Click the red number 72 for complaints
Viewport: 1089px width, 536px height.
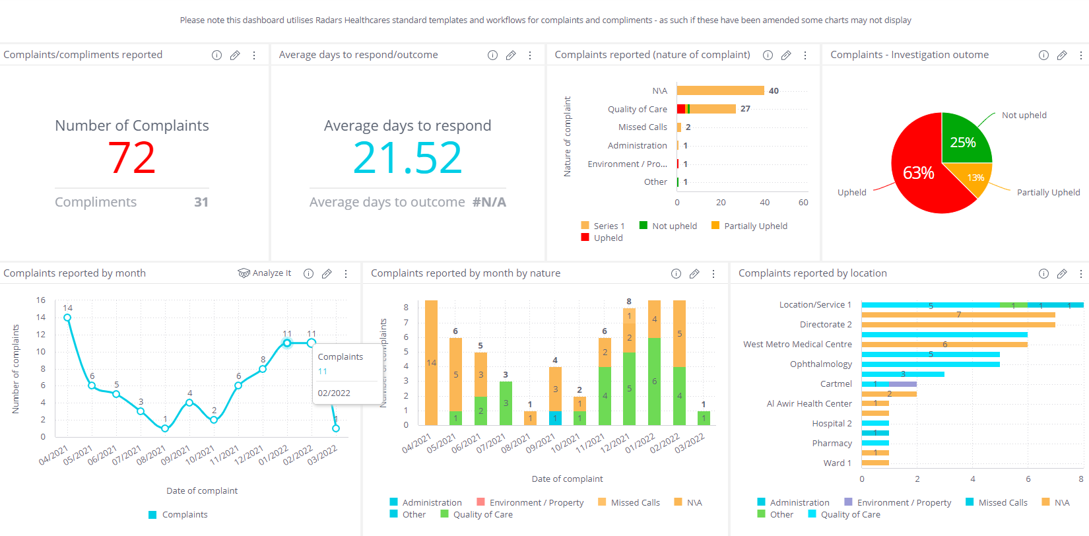tap(132, 158)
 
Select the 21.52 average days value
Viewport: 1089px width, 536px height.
tap(407, 158)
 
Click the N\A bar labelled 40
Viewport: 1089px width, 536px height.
tap(720, 90)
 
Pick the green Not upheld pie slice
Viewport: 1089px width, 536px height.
tap(965, 139)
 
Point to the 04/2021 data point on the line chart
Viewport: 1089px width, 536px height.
tap(67, 318)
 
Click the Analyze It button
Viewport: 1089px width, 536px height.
tap(265, 273)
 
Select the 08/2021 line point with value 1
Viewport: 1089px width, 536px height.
tap(165, 428)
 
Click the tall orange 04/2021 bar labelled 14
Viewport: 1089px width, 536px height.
tap(431, 362)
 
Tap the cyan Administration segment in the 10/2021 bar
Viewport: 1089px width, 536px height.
tap(555, 418)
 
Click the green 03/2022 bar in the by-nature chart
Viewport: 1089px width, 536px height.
tap(704, 418)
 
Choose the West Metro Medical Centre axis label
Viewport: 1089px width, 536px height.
tap(797, 344)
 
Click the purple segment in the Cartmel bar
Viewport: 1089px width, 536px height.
tap(903, 384)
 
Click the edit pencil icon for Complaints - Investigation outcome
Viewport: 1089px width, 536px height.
tap(1061, 55)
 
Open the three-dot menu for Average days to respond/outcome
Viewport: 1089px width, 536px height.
tap(530, 55)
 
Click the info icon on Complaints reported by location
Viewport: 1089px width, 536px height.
tap(1043, 274)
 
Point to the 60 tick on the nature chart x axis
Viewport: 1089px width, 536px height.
tap(803, 203)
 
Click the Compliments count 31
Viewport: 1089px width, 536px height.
tap(201, 202)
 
